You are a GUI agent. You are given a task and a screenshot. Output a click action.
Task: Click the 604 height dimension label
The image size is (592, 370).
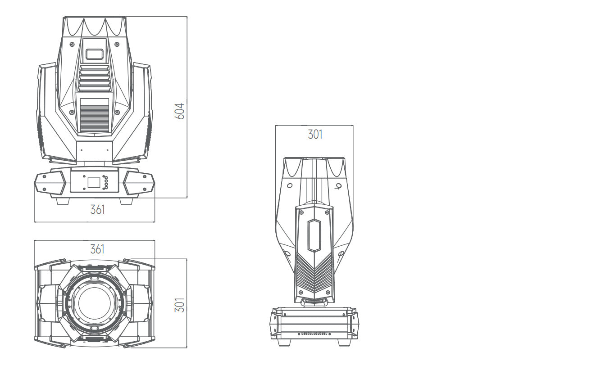point(180,111)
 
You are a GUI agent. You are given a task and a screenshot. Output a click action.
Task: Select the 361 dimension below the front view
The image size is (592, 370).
point(97,210)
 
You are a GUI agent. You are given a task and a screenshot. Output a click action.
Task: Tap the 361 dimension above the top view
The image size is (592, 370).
point(97,249)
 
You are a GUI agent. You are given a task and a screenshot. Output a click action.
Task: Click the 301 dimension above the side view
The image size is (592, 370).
point(315,134)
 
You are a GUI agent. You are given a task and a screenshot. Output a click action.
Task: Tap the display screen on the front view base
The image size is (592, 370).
point(94,183)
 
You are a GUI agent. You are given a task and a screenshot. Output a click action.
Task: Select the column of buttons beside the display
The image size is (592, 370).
point(106,182)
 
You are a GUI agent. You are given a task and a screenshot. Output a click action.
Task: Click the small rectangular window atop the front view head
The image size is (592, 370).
point(94,54)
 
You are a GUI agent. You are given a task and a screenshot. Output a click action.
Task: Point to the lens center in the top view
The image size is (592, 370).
point(94,302)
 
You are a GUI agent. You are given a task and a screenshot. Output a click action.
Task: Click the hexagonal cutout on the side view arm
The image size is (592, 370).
point(314,236)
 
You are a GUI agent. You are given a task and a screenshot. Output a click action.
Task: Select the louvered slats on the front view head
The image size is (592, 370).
point(94,79)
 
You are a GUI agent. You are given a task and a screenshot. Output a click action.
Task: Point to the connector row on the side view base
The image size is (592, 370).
point(314,334)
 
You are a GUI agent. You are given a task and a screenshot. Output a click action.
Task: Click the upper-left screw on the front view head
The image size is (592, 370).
point(72,44)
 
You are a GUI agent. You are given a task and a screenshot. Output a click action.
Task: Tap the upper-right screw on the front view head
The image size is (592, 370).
point(117,44)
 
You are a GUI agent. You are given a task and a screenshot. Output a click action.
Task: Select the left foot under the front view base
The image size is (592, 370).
point(63,201)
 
